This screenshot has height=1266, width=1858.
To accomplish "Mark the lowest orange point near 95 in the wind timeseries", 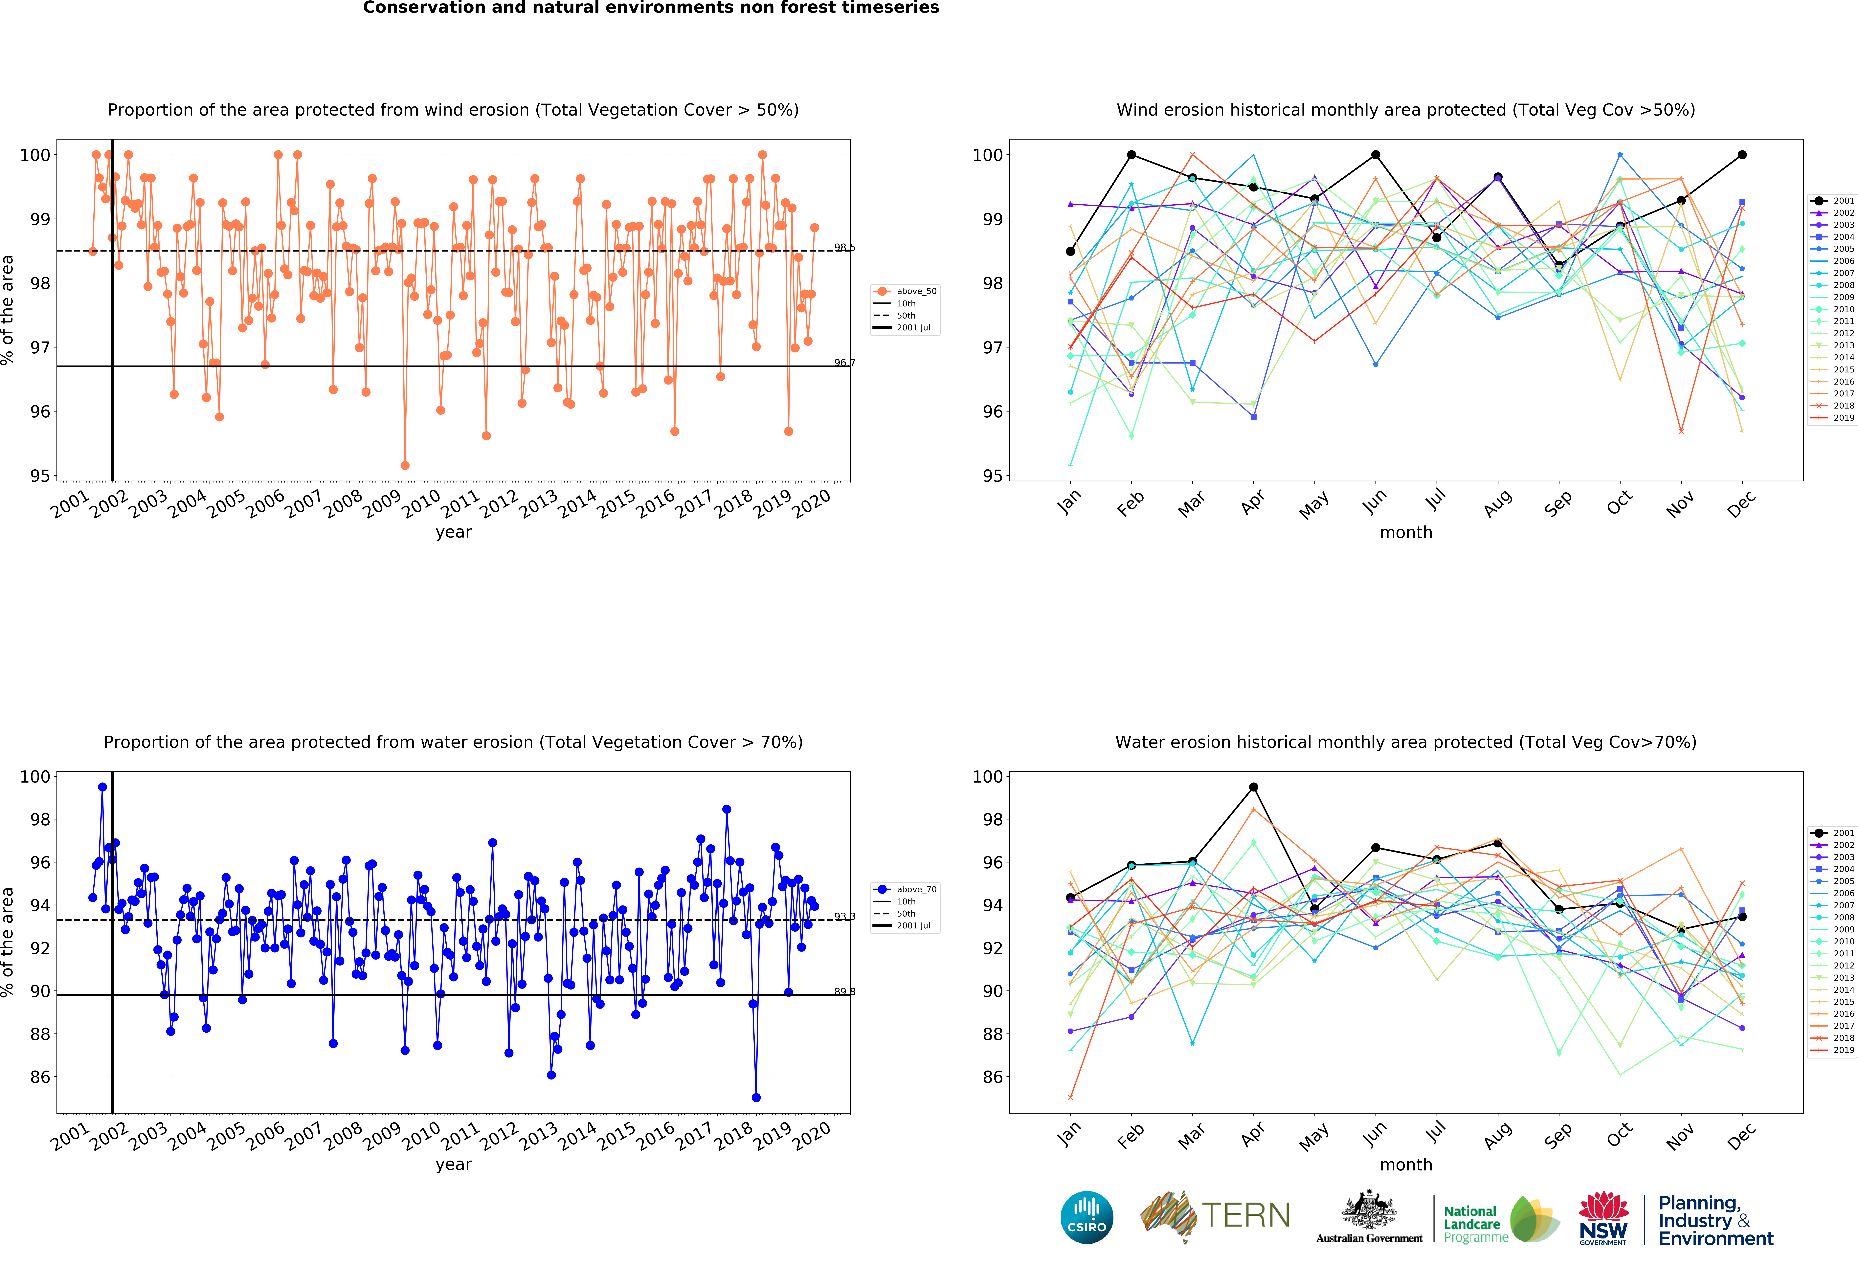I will tap(405, 465).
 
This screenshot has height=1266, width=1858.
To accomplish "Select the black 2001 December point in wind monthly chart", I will tap(1742, 155).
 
